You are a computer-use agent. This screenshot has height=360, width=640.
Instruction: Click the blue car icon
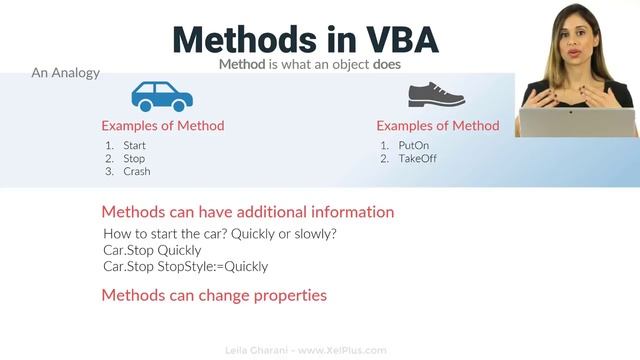coord(162,96)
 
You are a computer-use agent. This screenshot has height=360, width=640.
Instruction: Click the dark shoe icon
coord(436,95)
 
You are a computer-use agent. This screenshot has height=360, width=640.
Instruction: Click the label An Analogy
coord(65,73)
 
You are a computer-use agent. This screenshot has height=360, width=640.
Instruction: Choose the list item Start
coord(134,146)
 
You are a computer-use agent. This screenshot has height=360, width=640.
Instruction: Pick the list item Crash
coord(136,172)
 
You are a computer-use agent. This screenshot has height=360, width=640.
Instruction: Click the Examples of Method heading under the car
coord(162,126)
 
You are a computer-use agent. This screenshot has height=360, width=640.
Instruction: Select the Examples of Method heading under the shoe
coord(437,126)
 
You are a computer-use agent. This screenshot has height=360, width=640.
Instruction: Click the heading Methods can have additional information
coord(248,212)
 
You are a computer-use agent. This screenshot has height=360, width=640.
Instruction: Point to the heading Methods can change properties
coord(214,295)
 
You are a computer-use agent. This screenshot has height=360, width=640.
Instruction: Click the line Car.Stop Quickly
coord(152,250)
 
